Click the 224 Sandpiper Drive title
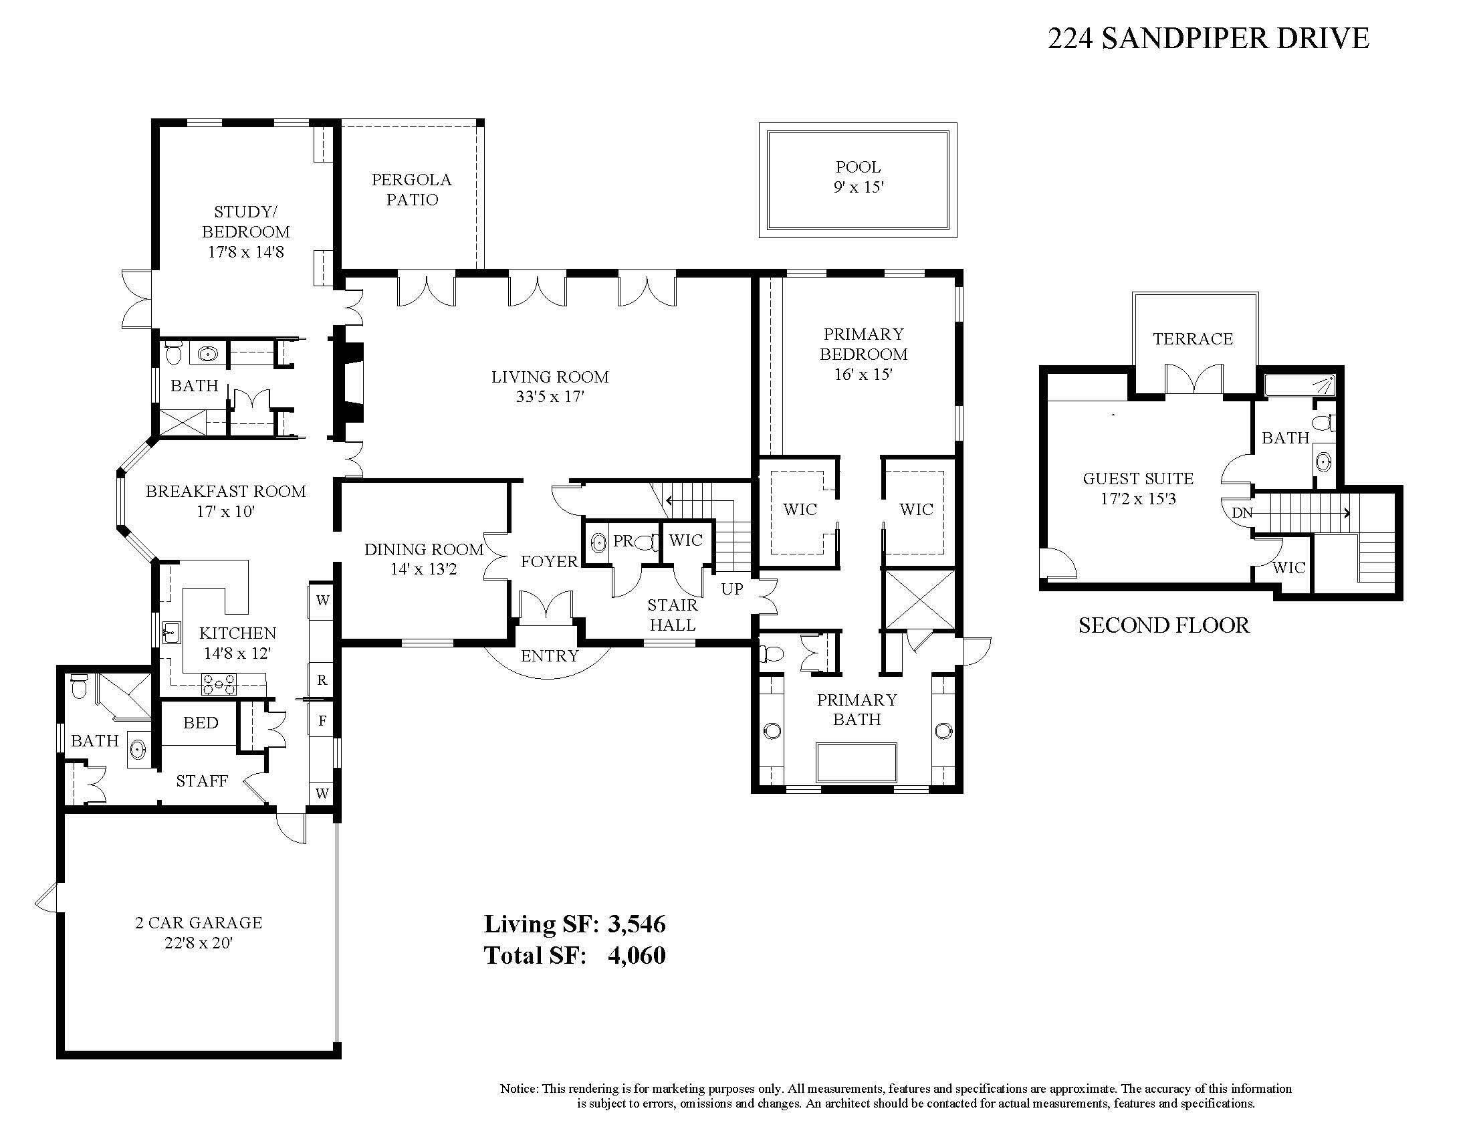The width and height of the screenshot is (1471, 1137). click(x=1208, y=38)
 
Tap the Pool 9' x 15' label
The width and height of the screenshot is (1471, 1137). click(x=857, y=177)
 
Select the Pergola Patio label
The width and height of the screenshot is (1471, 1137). click(x=411, y=189)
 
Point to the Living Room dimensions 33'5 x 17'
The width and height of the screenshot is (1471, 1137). click(x=550, y=397)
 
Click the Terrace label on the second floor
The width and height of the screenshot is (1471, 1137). click(x=1192, y=339)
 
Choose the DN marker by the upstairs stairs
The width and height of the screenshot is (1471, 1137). click(x=1242, y=512)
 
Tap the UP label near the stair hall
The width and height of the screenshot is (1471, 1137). click(x=732, y=589)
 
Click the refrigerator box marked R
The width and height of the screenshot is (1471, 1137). click(x=322, y=680)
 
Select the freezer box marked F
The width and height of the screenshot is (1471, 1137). click(x=322, y=721)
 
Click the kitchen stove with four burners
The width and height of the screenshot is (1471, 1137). click(x=219, y=684)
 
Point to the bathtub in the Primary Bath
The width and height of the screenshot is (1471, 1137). click(x=856, y=762)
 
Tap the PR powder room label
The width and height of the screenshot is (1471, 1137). click(x=623, y=541)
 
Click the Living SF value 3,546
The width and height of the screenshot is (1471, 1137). click(x=637, y=924)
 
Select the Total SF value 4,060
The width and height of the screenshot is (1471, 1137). click(x=637, y=955)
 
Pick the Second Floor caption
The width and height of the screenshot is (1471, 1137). click(x=1163, y=625)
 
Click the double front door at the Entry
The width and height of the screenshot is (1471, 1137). click(x=546, y=605)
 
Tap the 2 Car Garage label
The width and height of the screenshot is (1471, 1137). click(x=198, y=922)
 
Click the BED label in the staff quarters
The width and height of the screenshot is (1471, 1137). click(x=200, y=723)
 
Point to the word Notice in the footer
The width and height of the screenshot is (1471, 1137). click(x=519, y=1089)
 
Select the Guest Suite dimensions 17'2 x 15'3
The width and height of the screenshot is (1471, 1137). click(x=1137, y=499)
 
